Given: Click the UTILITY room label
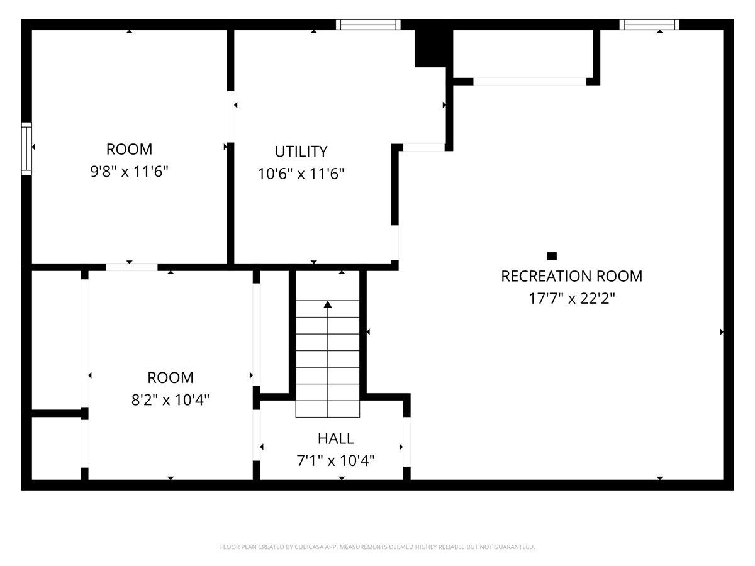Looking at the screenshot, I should click(x=301, y=152).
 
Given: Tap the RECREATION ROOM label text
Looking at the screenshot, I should click(x=571, y=276).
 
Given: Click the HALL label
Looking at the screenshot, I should click(x=335, y=438).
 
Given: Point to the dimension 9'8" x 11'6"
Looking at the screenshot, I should click(x=129, y=172).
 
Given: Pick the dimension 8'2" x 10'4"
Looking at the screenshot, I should click(x=170, y=400).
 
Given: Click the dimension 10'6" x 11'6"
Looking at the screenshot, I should click(x=301, y=174).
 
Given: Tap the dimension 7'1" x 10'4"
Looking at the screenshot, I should click(x=335, y=461).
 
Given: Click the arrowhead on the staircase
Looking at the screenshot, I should click(x=327, y=305).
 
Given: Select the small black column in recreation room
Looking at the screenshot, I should click(x=552, y=255).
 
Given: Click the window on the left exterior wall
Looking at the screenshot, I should click(x=26, y=148).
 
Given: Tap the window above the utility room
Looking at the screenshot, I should click(x=368, y=25).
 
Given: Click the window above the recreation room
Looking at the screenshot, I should click(x=649, y=25).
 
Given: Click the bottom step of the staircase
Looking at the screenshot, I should click(x=328, y=409).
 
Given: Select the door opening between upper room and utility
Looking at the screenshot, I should click(x=231, y=117).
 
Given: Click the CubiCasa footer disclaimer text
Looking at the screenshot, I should click(x=377, y=547).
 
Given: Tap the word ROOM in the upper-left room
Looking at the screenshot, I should click(x=129, y=149).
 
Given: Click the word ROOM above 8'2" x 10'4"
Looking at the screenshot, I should click(x=170, y=377).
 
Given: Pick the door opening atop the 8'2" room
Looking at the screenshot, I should click(x=131, y=267).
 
